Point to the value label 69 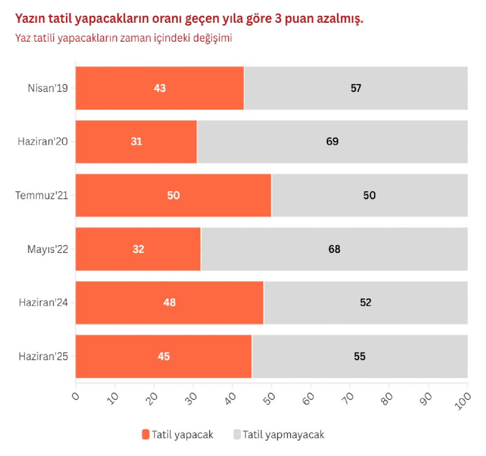pos(332,141)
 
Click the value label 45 pos(164,356)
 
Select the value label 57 pos(356,88)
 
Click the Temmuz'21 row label pos(42,195)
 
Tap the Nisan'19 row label pos(48,88)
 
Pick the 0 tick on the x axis pos(76,395)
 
